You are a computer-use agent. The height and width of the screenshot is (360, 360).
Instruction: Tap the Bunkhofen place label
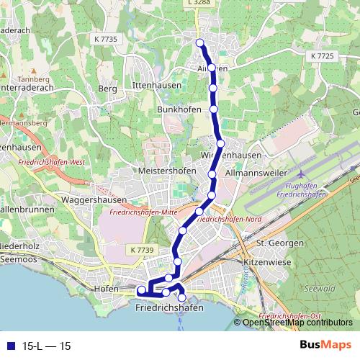[x=177, y=109]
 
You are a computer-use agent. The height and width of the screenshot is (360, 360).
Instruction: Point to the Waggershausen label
[x=94, y=199]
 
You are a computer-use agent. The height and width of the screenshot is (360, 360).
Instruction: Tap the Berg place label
[x=107, y=88]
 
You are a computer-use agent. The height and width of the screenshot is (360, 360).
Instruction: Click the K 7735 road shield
[x=105, y=37]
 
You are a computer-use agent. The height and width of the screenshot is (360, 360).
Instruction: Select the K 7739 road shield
[x=143, y=249]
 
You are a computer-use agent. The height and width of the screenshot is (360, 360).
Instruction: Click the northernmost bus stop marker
[x=201, y=43]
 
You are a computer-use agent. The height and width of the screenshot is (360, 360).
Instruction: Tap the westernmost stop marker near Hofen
[x=142, y=290]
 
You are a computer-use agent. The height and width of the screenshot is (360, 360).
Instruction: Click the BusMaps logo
[x=325, y=346]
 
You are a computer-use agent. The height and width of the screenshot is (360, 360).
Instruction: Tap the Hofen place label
[x=106, y=288]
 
